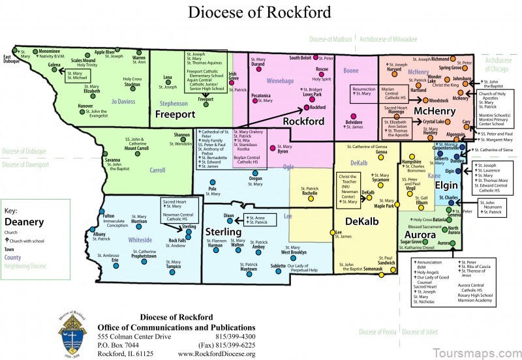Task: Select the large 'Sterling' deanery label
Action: click(223, 232)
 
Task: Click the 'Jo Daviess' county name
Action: click(123, 102)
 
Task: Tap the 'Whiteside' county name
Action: click(140, 240)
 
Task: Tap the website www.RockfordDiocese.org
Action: click(216, 354)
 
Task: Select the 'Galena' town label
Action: click(54, 65)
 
